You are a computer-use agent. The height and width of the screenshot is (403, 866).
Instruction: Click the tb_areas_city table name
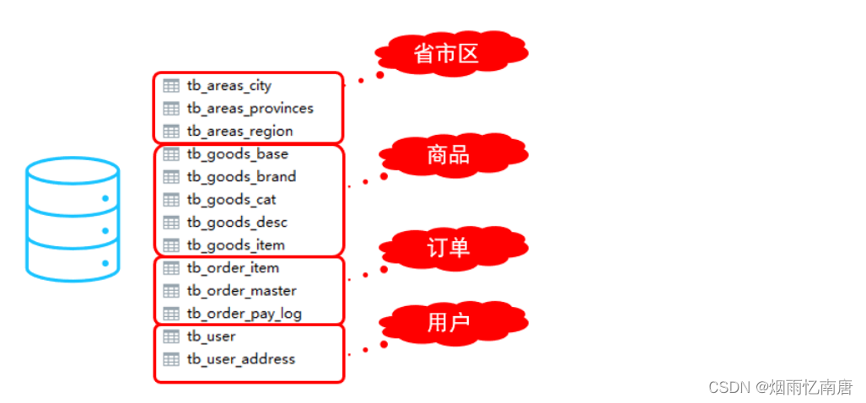pyautogui.click(x=229, y=86)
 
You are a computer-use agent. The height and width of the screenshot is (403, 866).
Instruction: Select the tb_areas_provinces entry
pyautogui.click(x=250, y=109)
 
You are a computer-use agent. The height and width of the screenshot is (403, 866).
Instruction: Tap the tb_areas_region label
pyautogui.click(x=239, y=132)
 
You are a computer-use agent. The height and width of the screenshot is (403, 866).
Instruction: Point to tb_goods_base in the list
pyautogui.click(x=237, y=154)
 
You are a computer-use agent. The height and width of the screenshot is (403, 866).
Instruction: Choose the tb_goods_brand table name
pyautogui.click(x=241, y=177)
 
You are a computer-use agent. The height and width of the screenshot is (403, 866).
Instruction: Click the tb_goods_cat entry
pyautogui.click(x=231, y=200)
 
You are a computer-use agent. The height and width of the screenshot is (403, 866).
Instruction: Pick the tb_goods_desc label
pyautogui.click(x=237, y=223)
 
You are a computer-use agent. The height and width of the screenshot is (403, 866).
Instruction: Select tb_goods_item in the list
pyautogui.click(x=235, y=245)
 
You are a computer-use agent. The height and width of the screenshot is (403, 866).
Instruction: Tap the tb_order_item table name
pyautogui.click(x=233, y=268)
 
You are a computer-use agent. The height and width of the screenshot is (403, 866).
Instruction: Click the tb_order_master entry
pyautogui.click(x=241, y=291)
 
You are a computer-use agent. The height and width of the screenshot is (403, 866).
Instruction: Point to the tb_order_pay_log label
pyautogui.click(x=244, y=314)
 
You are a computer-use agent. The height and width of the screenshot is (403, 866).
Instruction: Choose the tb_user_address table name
pyautogui.click(x=240, y=359)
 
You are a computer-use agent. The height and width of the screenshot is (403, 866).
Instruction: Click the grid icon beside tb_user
pyautogui.click(x=171, y=336)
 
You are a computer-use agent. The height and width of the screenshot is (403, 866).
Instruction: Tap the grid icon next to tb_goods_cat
pyautogui.click(x=171, y=200)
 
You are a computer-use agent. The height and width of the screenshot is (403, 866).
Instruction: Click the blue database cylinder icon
pyautogui.click(x=73, y=219)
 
